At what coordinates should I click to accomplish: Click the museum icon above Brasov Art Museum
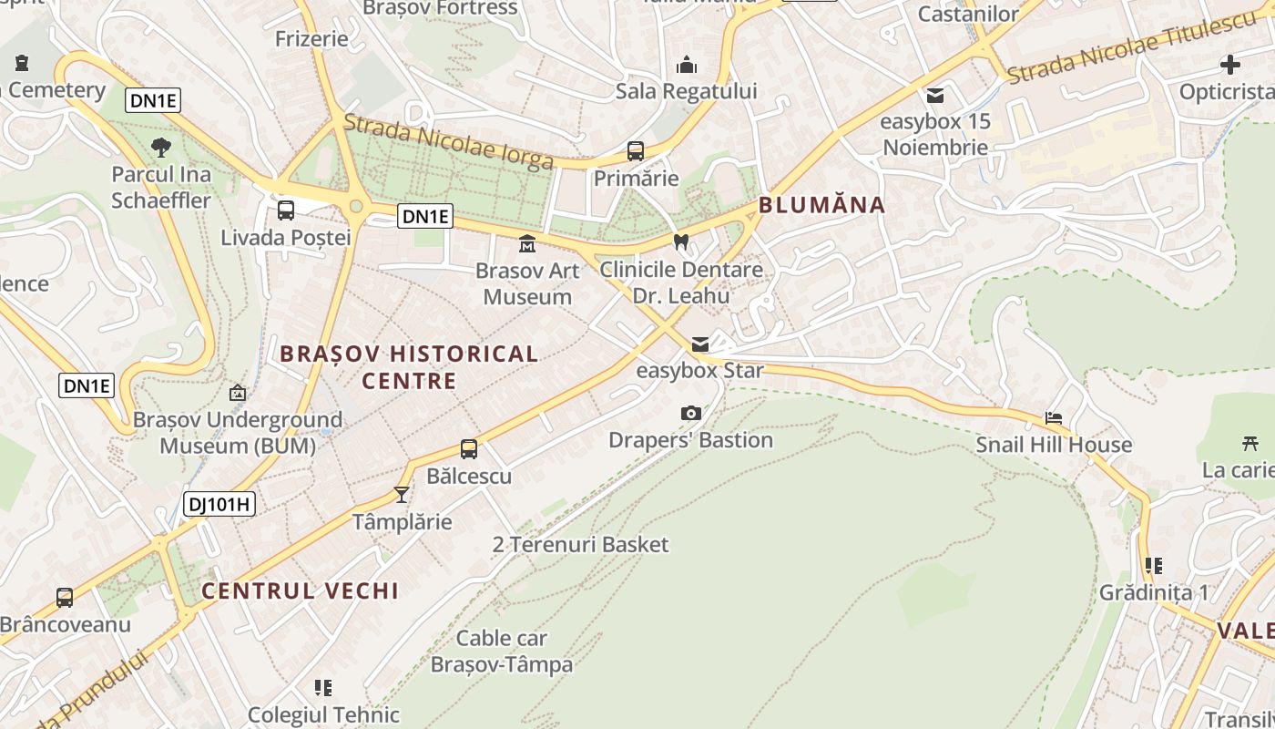tap(527, 243)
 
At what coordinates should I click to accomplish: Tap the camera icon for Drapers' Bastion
tap(691, 414)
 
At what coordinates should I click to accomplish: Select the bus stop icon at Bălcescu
tap(469, 449)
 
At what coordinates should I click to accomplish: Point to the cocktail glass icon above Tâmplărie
tap(401, 495)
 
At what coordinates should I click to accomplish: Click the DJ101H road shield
tap(219, 504)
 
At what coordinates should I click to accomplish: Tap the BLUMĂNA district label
tap(822, 205)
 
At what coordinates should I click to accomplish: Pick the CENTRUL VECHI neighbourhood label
tap(300, 590)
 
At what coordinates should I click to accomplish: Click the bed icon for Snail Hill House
tap(1054, 418)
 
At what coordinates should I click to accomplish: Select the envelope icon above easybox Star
tap(699, 344)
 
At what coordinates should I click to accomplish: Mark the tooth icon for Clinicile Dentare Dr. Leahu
tap(680, 242)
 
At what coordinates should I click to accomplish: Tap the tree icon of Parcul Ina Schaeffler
tap(161, 147)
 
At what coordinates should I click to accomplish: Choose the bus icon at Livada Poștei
tap(286, 210)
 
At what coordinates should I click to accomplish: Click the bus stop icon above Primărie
tap(636, 151)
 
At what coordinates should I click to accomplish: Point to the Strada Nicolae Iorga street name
tap(449, 141)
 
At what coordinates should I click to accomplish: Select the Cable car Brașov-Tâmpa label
tap(502, 651)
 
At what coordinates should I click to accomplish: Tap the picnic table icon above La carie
tap(1249, 444)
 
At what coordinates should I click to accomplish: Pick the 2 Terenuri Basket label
tap(580, 545)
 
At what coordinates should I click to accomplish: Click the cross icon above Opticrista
tap(1230, 65)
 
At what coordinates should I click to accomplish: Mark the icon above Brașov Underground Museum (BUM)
tap(238, 394)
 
